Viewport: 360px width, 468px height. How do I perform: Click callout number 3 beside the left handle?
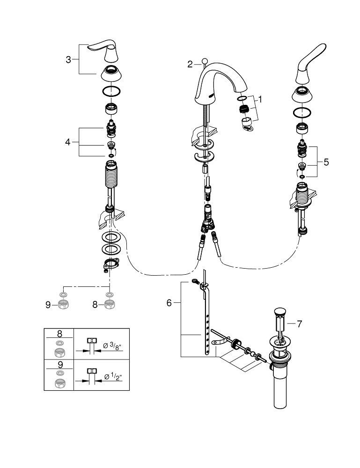(68, 59)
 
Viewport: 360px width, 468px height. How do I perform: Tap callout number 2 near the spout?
(190, 65)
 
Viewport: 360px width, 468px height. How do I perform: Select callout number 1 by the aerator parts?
(261, 99)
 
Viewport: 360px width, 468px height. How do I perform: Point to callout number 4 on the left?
(68, 141)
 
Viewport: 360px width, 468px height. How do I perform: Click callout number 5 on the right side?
(326, 162)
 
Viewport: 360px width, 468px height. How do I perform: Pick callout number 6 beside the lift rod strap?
(169, 303)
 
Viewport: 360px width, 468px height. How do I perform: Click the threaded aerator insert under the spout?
(243, 110)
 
